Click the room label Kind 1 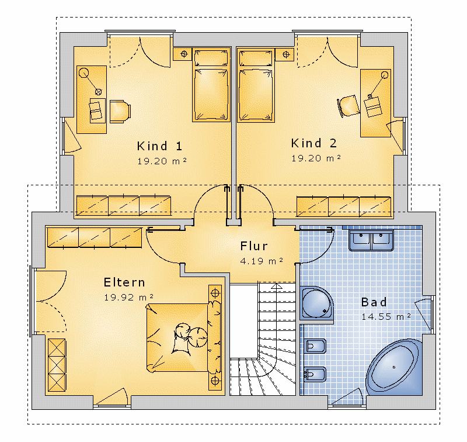pyautogui.click(x=159, y=146)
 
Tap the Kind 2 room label pyautogui.click(x=314, y=143)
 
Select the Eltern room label pyautogui.click(x=124, y=282)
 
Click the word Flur pyautogui.click(x=254, y=246)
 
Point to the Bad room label pyautogui.click(x=374, y=302)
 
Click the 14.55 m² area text pyautogui.click(x=386, y=316)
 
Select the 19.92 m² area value pyautogui.click(x=128, y=297)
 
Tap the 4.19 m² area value pyautogui.click(x=262, y=261)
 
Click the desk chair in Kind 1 pyautogui.click(x=120, y=112)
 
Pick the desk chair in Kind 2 pyautogui.click(x=348, y=106)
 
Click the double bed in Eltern pyautogui.click(x=184, y=337)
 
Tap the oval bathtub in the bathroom pyautogui.click(x=393, y=367)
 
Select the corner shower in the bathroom pyautogui.click(x=316, y=303)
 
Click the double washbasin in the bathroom pyautogui.click(x=371, y=240)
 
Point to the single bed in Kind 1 pyautogui.click(x=211, y=84)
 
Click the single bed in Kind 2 pyautogui.click(x=256, y=85)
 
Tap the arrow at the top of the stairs pyautogui.click(x=277, y=286)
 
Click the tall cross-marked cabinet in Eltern pyautogui.click(x=57, y=365)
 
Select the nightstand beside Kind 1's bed pyautogui.click(x=183, y=54)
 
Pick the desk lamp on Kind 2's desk pyautogui.click(x=377, y=85)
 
